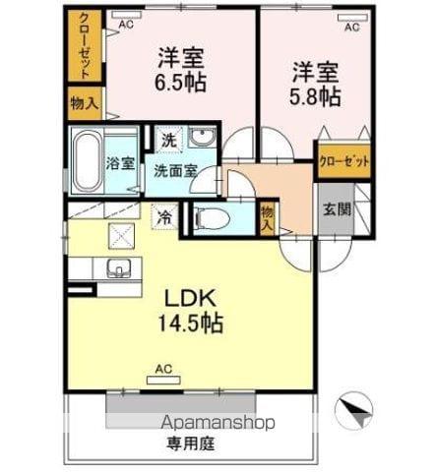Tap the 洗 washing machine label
[169, 142]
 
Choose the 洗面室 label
[176, 169]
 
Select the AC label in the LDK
[163, 371]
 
